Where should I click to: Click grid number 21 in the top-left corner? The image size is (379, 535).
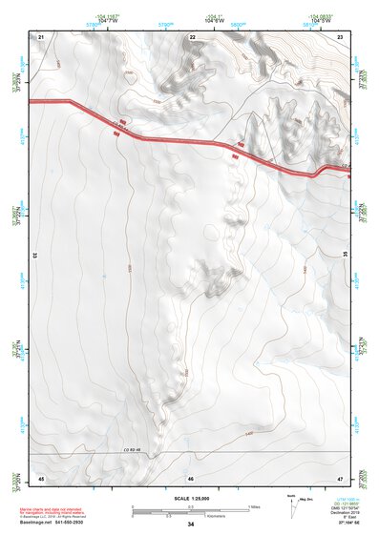(42, 36)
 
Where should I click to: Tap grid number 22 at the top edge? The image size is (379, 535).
(192, 36)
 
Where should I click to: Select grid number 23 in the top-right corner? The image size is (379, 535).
(340, 36)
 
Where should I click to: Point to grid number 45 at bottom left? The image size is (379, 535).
(41, 477)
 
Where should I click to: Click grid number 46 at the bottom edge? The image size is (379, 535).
(191, 477)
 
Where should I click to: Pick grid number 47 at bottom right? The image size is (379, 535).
(340, 477)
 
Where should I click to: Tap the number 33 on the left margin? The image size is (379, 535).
(34, 256)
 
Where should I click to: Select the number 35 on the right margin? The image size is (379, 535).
(345, 256)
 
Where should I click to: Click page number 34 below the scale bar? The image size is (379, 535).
(191, 525)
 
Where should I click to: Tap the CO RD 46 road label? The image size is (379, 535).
(131, 449)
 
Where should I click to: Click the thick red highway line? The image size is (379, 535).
(191, 142)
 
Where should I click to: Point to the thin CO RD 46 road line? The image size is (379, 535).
(239, 452)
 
